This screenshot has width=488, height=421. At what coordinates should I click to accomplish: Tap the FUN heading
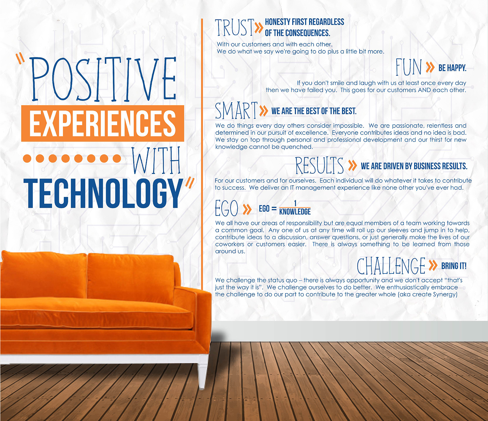tap(409, 67)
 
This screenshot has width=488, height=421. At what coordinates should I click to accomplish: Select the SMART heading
tap(236, 110)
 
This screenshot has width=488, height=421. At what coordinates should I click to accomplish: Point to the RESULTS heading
tap(319, 165)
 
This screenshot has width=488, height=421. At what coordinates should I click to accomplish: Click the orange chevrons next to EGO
tap(247, 209)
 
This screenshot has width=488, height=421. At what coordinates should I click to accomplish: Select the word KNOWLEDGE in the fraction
tap(295, 212)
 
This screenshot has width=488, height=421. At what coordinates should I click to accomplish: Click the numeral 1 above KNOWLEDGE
tap(295, 203)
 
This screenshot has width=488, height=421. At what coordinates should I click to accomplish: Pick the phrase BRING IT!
tap(454, 266)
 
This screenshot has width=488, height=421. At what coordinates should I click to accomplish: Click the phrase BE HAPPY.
tap(452, 68)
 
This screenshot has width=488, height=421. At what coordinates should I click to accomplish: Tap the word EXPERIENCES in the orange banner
tap(102, 123)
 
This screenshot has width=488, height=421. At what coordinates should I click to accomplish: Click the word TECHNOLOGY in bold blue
tap(104, 193)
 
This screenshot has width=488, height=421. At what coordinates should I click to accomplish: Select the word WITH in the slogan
tap(156, 161)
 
